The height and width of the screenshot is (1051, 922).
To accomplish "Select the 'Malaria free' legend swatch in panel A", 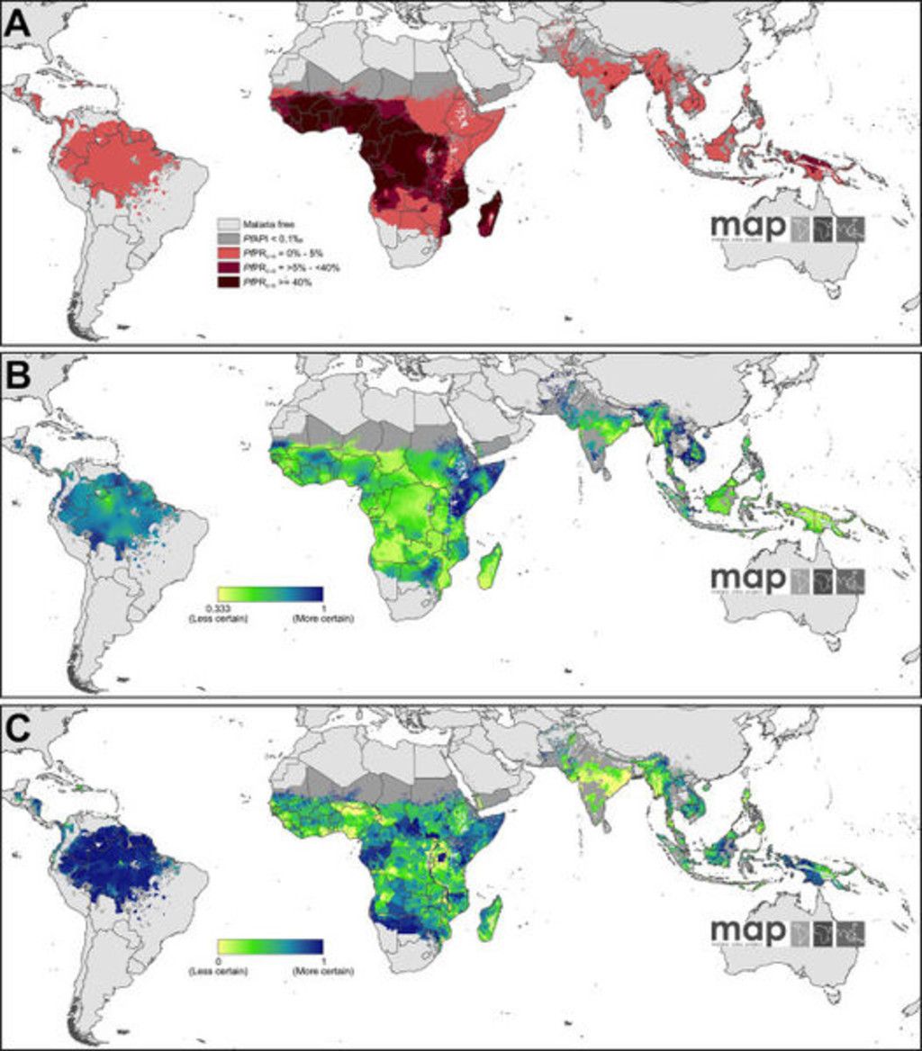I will pos(230,221).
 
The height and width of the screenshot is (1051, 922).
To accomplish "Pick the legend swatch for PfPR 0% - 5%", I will pos(230,252).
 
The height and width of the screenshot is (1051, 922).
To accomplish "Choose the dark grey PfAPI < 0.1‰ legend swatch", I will pos(230,237).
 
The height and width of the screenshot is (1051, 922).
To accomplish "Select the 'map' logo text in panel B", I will pos(747,580).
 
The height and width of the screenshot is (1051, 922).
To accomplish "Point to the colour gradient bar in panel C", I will pos(269,948).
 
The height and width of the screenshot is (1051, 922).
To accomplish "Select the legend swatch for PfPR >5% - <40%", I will pos(230,267).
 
